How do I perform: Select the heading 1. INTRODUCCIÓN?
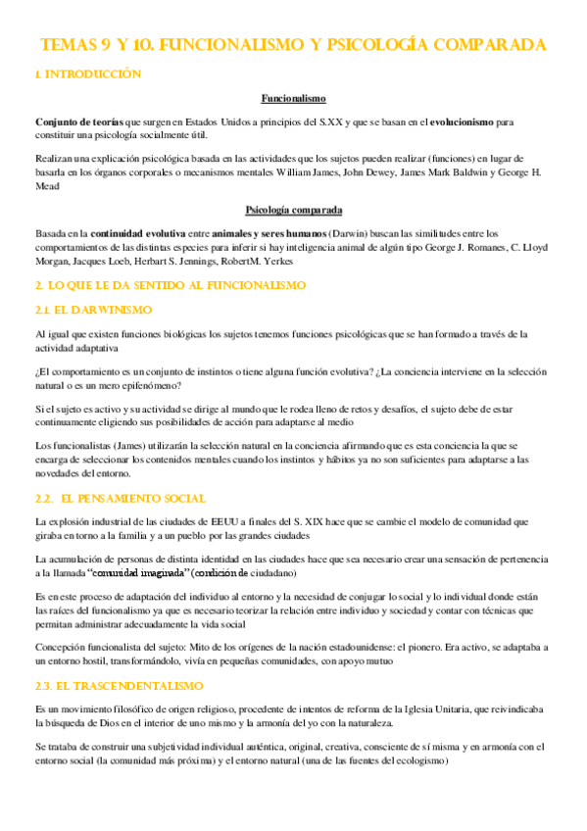(x=87, y=74)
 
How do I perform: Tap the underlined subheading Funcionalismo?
(x=293, y=98)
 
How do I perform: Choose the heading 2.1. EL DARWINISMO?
(x=93, y=310)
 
